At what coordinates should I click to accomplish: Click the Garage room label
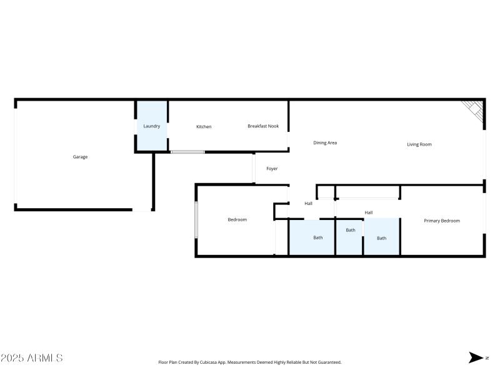click(x=80, y=157)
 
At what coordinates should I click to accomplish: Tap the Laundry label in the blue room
click(x=151, y=126)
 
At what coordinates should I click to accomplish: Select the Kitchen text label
click(x=204, y=127)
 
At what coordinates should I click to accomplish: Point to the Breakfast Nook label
click(x=263, y=126)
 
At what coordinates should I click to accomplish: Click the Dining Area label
click(x=325, y=142)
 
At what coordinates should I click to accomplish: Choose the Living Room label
click(x=419, y=144)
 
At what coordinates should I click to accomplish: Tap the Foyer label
click(x=272, y=169)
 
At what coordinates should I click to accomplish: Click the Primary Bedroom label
click(x=442, y=221)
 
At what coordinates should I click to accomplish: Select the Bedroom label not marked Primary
click(x=237, y=219)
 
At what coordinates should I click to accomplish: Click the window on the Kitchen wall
click(x=187, y=152)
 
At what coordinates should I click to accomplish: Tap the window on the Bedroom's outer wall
click(x=196, y=219)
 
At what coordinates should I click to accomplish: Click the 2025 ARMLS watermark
click(x=32, y=358)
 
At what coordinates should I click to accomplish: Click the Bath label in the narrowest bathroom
click(x=351, y=230)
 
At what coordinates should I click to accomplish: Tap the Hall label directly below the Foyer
click(x=308, y=204)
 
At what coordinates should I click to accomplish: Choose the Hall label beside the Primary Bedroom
click(x=369, y=212)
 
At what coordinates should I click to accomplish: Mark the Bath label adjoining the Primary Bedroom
click(x=381, y=238)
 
